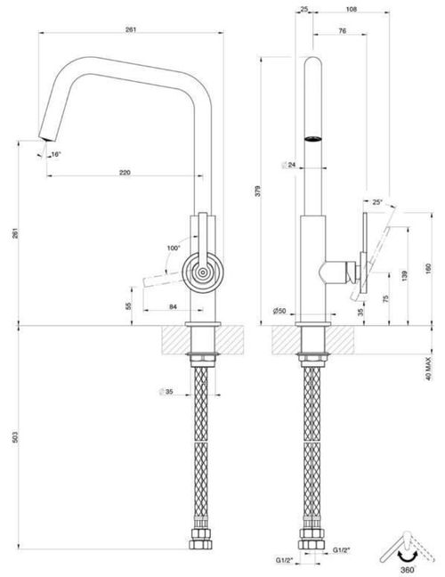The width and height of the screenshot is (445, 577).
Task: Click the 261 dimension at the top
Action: tap(131, 30)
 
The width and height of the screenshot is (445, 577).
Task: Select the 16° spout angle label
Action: tap(56, 155)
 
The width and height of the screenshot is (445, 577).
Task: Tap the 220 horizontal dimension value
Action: tap(124, 172)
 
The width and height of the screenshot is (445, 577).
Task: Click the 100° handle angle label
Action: tap(173, 247)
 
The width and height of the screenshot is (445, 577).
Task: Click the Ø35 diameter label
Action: tap(165, 391)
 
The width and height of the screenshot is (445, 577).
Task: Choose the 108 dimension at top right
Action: tap(351, 11)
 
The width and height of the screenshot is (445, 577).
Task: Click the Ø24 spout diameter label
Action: tap(288, 165)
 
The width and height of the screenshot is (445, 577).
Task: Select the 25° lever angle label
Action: tap(377, 202)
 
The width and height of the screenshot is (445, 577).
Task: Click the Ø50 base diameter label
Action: tap(279, 311)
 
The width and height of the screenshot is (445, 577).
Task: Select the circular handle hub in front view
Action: tap(203, 272)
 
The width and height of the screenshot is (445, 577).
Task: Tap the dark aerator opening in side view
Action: tap(311, 138)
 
